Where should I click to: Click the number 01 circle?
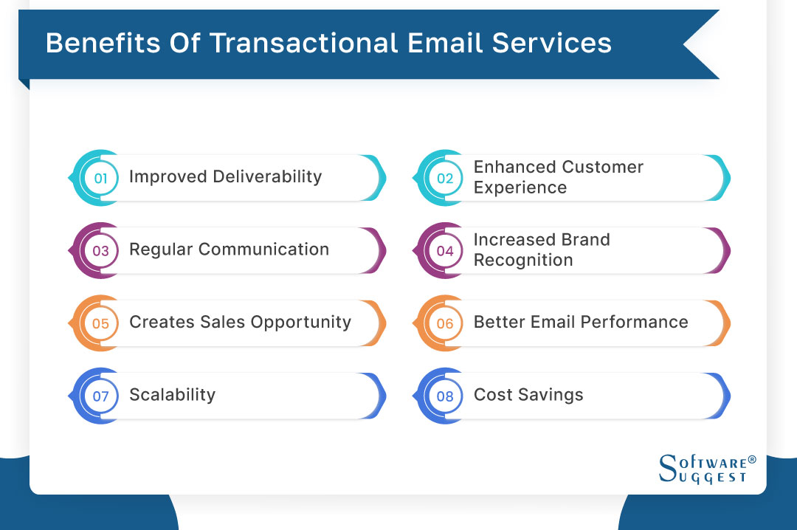click(x=100, y=178)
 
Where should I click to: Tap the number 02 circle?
click(x=445, y=178)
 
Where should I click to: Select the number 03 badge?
click(x=100, y=250)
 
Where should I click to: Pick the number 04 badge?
click(x=445, y=250)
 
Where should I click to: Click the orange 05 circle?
click(x=100, y=323)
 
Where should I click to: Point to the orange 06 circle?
click(x=445, y=323)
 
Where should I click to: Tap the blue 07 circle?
click(x=100, y=396)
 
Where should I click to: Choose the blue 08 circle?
click(x=445, y=396)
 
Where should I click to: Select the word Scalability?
click(x=172, y=395)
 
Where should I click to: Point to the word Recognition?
click(x=523, y=261)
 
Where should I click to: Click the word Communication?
click(x=269, y=249)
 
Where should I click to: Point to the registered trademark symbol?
click(x=752, y=459)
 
